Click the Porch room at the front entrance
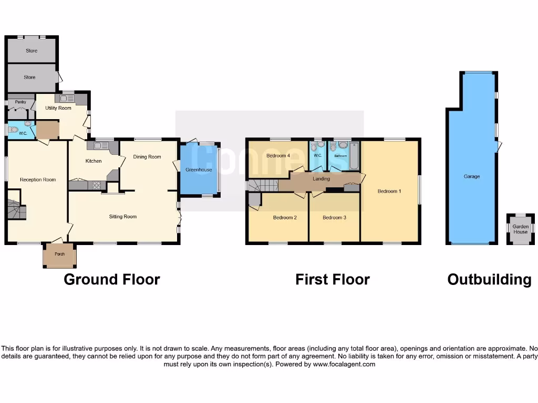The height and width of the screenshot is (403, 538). point(59,256)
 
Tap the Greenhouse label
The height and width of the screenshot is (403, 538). point(199,170)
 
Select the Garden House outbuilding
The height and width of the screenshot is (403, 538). point(520,229)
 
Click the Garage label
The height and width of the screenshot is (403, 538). point(472,177)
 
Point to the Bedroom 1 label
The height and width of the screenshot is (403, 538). point(389,192)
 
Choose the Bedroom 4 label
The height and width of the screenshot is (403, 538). point(278,156)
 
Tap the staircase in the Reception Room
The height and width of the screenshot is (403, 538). point(16,209)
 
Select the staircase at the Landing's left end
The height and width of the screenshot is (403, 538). point(263,186)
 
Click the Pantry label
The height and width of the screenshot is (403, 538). point(20,102)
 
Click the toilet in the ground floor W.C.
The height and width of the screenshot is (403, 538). point(14,129)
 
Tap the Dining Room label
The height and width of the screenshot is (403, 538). point(147,157)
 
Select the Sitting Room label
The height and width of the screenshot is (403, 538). point(123,217)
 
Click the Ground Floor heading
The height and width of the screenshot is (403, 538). point(111,280)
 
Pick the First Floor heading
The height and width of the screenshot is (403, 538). point(332,280)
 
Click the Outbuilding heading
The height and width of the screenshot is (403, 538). point(489,280)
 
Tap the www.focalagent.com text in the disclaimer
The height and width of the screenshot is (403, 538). point(344,364)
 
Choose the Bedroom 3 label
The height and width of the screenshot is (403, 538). point(334,218)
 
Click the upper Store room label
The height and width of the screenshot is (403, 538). point(32,51)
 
